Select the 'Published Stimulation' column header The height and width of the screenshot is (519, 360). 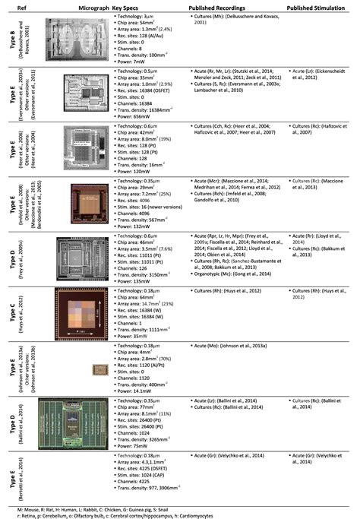pyautogui.click(x=319, y=5)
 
